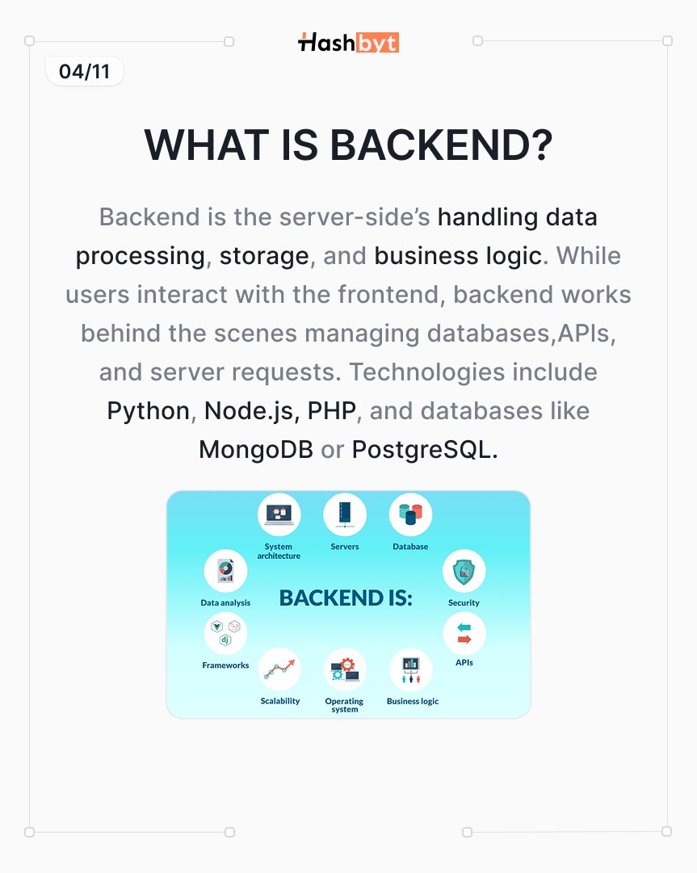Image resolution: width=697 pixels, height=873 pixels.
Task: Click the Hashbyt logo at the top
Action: [x=348, y=42]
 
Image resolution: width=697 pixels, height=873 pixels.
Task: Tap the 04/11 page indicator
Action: [x=84, y=72]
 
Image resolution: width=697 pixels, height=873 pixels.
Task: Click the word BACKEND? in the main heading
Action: [x=441, y=146]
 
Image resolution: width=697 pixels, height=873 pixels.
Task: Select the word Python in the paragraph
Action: [x=148, y=411]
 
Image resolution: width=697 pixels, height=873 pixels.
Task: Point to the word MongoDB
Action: [x=255, y=450]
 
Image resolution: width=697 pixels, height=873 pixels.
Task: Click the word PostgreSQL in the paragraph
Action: [x=421, y=450]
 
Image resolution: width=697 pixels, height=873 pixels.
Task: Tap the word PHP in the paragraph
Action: [x=331, y=411]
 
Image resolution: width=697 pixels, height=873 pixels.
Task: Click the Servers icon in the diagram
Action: [x=345, y=514]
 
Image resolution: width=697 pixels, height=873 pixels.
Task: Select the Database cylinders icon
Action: [x=410, y=514]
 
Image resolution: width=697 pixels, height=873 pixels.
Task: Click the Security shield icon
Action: [x=464, y=572]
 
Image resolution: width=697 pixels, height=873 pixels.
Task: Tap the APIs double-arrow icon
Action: [x=464, y=634]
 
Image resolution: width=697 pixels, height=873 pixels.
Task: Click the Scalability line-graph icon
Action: [x=279, y=669]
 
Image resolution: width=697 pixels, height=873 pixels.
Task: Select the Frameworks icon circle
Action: [x=225, y=634]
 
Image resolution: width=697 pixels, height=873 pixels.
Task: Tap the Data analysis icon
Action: [x=225, y=571]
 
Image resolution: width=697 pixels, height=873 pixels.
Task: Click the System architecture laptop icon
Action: [x=279, y=514]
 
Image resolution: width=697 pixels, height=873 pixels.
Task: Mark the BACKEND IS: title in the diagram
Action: [x=346, y=598]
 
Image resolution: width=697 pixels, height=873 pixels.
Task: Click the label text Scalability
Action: [x=280, y=701]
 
